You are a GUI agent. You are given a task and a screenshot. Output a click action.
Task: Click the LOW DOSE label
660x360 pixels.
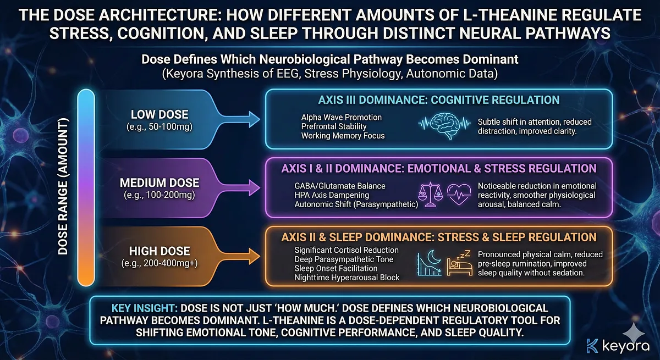[160, 115]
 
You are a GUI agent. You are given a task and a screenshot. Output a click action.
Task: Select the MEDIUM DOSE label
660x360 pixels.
[160, 183]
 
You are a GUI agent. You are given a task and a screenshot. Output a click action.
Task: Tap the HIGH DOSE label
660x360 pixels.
[160, 251]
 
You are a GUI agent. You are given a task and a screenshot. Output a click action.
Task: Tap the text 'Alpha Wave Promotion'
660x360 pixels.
[341, 118]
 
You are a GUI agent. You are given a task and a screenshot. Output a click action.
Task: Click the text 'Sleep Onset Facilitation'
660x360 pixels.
[335, 268]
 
